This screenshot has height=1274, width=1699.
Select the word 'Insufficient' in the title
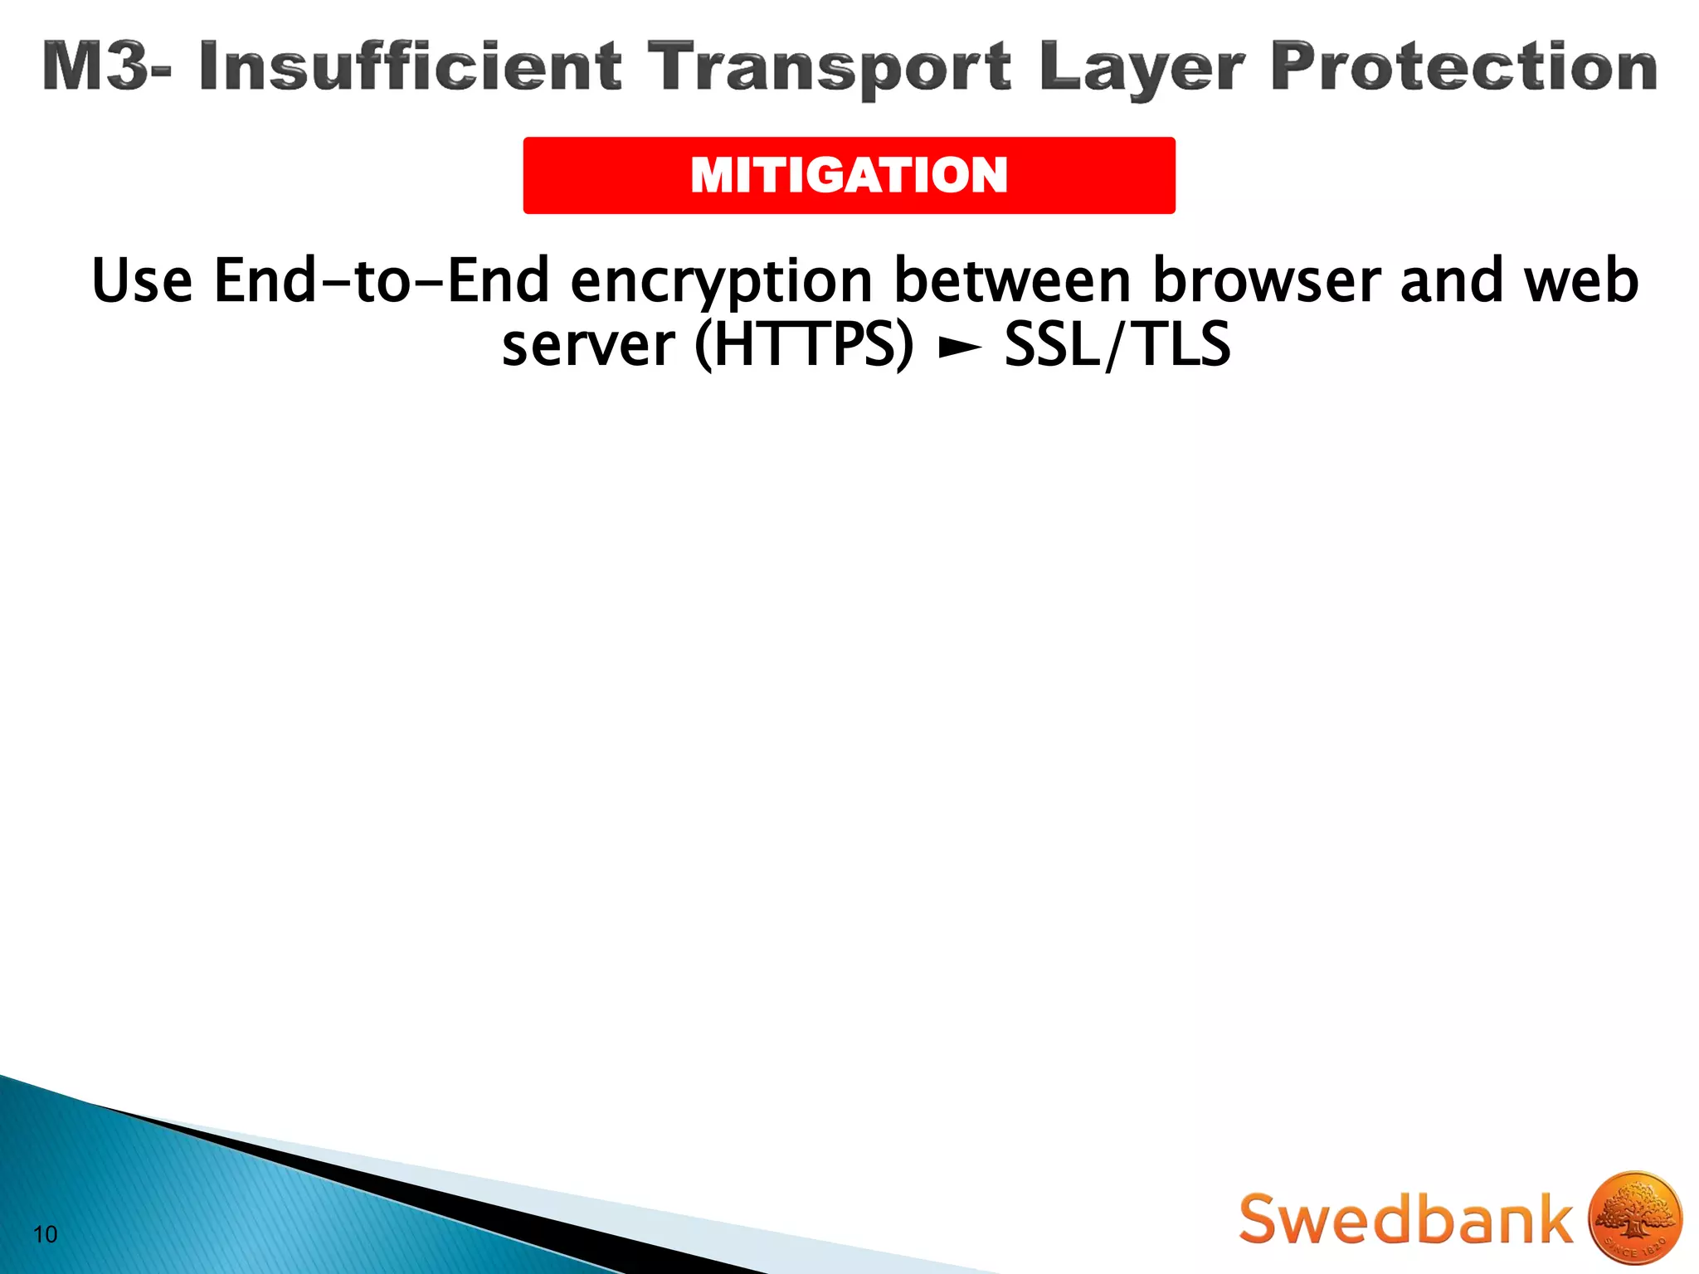410,66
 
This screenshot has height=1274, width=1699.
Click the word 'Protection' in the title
1463,66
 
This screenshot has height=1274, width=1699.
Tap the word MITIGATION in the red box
849,176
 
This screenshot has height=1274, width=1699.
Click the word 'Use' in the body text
142,280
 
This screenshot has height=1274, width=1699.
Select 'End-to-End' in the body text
382,280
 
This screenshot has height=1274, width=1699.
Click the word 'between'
1012,280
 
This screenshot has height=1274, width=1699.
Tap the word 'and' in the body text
1452,280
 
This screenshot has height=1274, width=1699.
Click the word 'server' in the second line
588,345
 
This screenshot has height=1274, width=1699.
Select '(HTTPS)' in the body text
804,345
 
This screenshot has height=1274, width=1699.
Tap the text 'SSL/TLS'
1117,345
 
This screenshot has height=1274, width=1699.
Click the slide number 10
46,1234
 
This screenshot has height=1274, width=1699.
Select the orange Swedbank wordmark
1405,1219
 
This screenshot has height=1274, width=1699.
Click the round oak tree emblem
1634,1219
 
